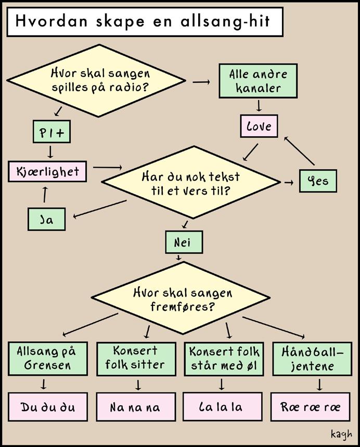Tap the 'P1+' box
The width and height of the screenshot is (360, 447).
[51, 133]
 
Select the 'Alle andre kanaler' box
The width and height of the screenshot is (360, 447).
[258, 81]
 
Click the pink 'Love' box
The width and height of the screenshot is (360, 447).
[259, 126]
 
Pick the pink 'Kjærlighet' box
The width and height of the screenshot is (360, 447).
[47, 171]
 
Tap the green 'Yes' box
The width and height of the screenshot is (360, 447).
[318, 182]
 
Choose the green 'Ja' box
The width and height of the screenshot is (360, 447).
[47, 219]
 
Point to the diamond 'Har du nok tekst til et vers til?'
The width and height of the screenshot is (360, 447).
[190, 183]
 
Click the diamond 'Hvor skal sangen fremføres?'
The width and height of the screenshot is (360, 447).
[183, 298]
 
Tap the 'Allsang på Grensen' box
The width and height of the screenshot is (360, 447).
[47, 357]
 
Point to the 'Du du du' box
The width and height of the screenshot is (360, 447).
[47, 406]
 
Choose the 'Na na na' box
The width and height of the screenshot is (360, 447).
[135, 406]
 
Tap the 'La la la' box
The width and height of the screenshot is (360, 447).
[222, 406]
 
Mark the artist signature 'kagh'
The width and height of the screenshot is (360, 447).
[341, 433]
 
